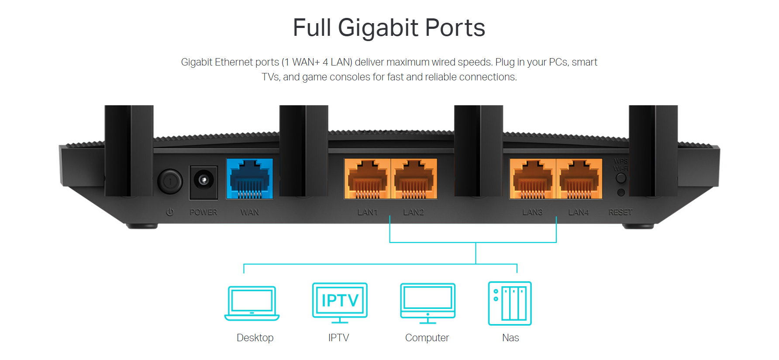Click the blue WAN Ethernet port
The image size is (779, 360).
coord(249,179)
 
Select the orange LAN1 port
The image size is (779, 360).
coord(367,179)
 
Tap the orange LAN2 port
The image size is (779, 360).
coord(414,179)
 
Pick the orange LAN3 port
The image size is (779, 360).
coord(532,179)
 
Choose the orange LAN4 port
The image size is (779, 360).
coord(579,179)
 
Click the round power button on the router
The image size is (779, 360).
coord(170,181)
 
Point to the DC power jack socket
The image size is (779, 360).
coord(203,180)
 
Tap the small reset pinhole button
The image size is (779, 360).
coord(621,193)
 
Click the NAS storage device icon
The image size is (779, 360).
coord(510,303)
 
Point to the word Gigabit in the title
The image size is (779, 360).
coord(378,28)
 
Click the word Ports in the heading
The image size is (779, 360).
coord(455,28)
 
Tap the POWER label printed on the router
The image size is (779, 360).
coord(203,212)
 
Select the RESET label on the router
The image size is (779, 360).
coord(620,212)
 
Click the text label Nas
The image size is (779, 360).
coord(510,338)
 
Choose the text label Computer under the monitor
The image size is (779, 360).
coord(427,338)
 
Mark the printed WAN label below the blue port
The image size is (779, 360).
coord(250,212)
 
